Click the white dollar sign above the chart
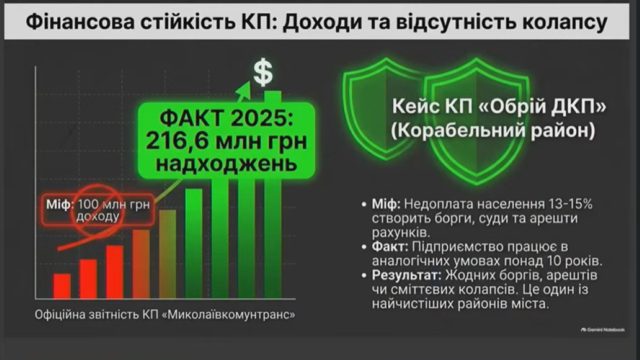coord(263,73)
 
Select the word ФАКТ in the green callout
coord(192,118)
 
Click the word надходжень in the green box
coord(227,164)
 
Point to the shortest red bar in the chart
coord(62,286)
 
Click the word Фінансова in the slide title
coord(81,22)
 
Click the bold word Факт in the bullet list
coord(390,247)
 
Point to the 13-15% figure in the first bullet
coord(570,204)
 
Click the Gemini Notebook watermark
coord(603,330)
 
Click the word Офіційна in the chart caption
coord(60,315)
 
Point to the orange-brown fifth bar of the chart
coord(167,254)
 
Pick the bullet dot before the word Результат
coord(364,276)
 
